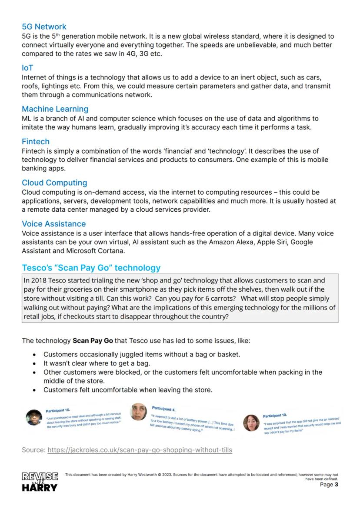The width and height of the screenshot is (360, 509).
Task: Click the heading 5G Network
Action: [44, 27]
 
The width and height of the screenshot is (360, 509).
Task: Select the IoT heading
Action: [27, 68]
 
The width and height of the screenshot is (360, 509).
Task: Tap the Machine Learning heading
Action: [55, 109]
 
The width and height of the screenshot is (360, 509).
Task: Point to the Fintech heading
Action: [36, 142]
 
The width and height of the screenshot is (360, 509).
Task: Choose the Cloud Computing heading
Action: [54, 183]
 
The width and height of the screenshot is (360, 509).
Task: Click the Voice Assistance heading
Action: [54, 224]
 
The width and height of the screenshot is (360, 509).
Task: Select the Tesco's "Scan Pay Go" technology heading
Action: [91, 268]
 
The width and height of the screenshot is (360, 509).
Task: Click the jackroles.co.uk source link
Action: [140, 450]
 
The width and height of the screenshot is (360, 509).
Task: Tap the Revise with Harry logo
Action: [40, 481]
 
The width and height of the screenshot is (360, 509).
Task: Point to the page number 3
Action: [336, 485]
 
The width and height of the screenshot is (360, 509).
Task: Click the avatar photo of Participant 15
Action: [33, 417]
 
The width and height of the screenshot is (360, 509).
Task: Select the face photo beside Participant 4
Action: [139, 411]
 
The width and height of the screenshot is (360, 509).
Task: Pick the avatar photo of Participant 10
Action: [251, 423]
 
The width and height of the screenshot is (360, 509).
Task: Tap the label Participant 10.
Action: [275, 416]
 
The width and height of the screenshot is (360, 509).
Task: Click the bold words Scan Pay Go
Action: [93, 341]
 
